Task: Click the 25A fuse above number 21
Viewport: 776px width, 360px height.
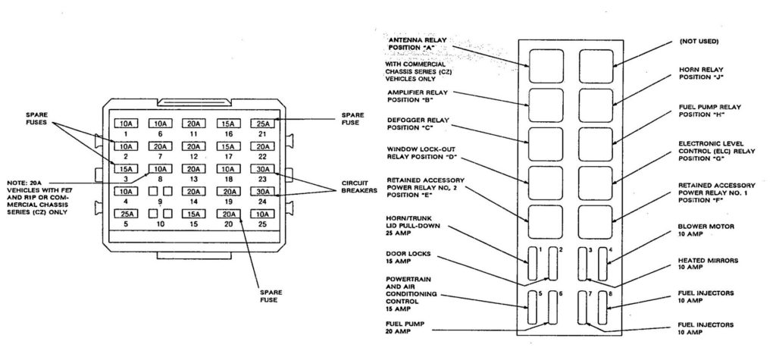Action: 261,124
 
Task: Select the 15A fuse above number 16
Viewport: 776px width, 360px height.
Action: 227,124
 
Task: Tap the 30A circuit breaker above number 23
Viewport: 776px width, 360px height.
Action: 261,169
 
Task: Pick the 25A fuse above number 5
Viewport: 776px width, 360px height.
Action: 125,214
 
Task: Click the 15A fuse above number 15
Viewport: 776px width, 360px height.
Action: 193,214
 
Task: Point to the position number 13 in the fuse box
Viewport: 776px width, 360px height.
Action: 193,180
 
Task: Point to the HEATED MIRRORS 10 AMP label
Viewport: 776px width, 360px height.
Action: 694,264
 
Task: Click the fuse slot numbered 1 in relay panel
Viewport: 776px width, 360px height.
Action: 533,263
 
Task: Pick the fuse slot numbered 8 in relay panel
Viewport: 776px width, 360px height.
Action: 604,309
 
